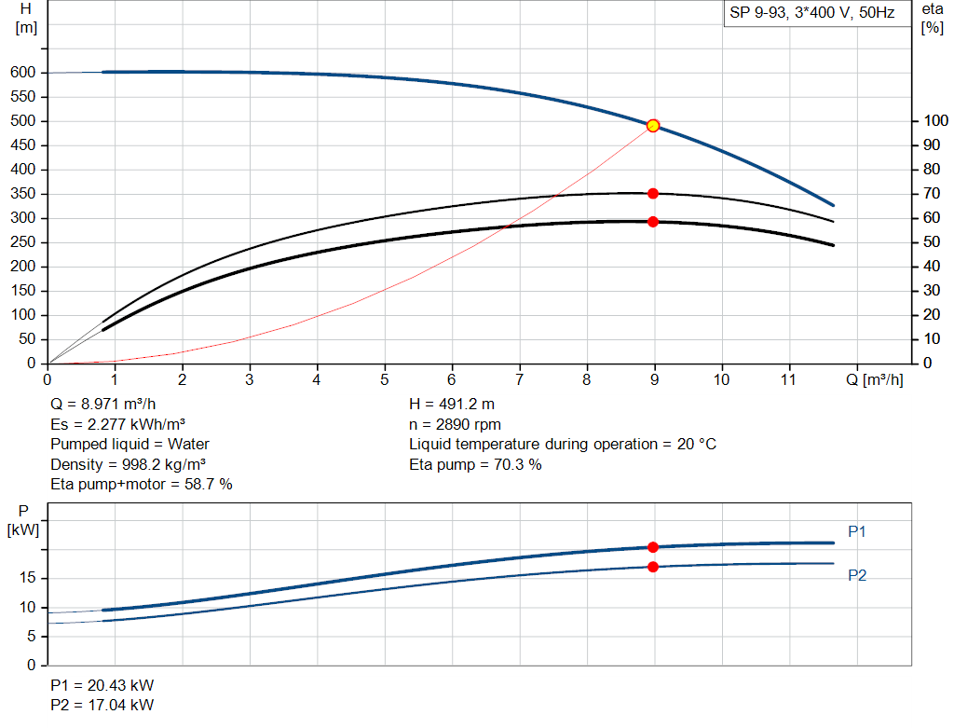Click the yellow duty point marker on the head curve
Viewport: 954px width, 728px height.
pyautogui.click(x=653, y=126)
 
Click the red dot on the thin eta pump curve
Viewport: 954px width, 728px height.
pyautogui.click(x=653, y=194)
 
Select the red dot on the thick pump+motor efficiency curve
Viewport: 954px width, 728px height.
pyautogui.click(x=653, y=222)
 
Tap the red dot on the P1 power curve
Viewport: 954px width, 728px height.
pyautogui.click(x=653, y=547)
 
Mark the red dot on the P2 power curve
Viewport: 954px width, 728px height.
pyautogui.click(x=653, y=567)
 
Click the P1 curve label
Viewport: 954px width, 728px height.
pyautogui.click(x=857, y=531)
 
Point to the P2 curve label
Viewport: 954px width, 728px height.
pyautogui.click(x=857, y=575)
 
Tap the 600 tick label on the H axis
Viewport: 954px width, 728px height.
pyautogui.click(x=23, y=73)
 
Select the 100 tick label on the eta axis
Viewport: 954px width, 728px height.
pyautogui.click(x=935, y=120)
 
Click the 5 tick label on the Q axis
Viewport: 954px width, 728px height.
pyautogui.click(x=385, y=379)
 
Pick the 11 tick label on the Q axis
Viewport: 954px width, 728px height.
pyautogui.click(x=788, y=379)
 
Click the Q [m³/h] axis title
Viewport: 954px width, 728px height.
pyautogui.click(x=874, y=379)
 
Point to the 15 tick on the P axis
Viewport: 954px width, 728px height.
pyautogui.click(x=27, y=578)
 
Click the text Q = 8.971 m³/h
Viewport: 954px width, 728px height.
pyautogui.click(x=103, y=405)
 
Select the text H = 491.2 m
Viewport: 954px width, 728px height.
pyautogui.click(x=452, y=405)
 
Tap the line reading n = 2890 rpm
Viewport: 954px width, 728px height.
pyautogui.click(x=455, y=424)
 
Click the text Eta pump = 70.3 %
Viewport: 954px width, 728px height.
pyautogui.click(x=475, y=464)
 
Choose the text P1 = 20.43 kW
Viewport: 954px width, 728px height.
pyautogui.click(x=102, y=685)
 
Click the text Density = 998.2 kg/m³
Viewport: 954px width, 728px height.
pyautogui.click(x=129, y=464)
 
